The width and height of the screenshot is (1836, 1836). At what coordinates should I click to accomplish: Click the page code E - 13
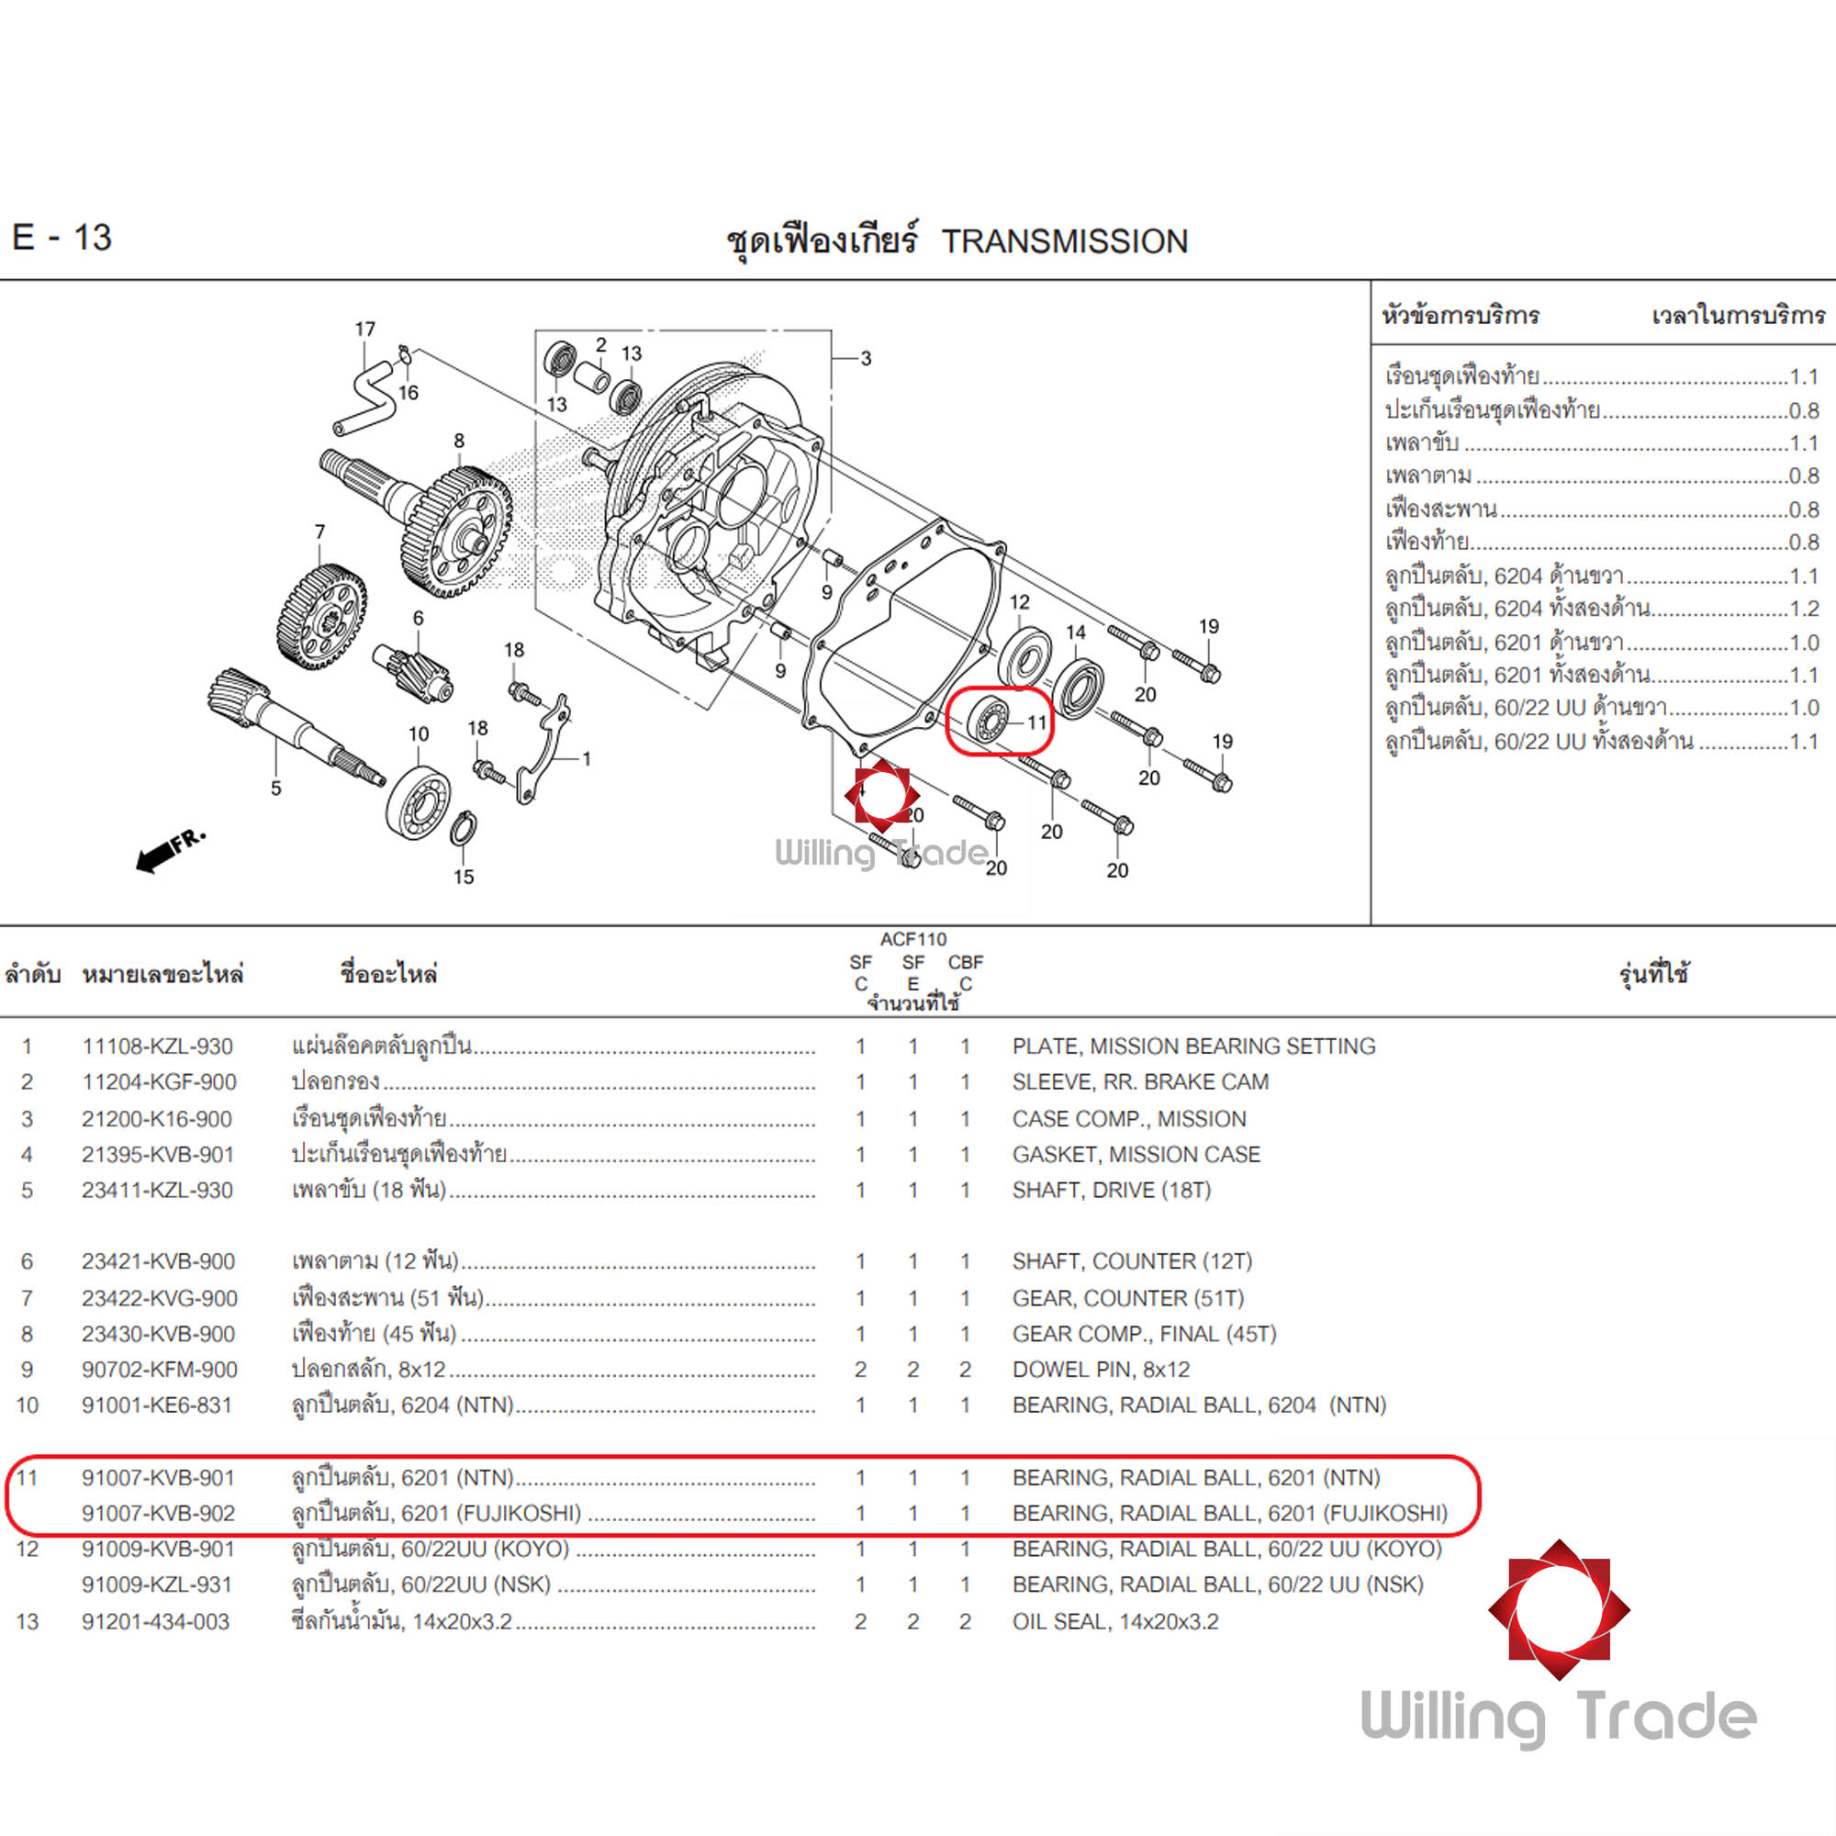(x=62, y=238)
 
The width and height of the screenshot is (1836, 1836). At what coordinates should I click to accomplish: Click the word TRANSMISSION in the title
(x=1064, y=241)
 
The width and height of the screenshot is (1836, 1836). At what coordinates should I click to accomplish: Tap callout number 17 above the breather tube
(x=365, y=329)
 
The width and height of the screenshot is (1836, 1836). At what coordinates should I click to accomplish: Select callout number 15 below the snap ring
(x=464, y=876)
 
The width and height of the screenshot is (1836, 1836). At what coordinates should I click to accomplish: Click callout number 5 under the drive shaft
(x=275, y=788)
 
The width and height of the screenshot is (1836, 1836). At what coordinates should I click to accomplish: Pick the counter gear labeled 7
(x=321, y=616)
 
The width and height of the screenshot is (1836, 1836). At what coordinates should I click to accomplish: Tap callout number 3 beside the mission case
(x=866, y=358)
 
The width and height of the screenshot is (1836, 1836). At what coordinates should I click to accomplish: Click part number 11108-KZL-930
(x=157, y=1047)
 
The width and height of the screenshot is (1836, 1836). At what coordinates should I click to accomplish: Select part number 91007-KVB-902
(x=158, y=1513)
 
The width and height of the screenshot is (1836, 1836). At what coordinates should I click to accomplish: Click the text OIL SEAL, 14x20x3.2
(x=1114, y=1621)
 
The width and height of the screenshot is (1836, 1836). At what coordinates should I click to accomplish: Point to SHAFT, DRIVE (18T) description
(x=1111, y=1190)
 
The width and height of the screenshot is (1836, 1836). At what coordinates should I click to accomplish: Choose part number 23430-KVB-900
(x=158, y=1333)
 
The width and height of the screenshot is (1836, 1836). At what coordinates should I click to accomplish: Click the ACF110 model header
(x=912, y=939)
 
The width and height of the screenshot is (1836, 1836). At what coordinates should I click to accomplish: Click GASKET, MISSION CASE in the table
(x=1136, y=1154)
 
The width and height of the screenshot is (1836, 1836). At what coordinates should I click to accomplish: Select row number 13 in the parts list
(x=28, y=1621)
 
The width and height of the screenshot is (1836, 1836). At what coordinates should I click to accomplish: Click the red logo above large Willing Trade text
(x=1559, y=1610)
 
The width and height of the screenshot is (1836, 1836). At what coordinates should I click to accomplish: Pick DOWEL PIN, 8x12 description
(x=1101, y=1370)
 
